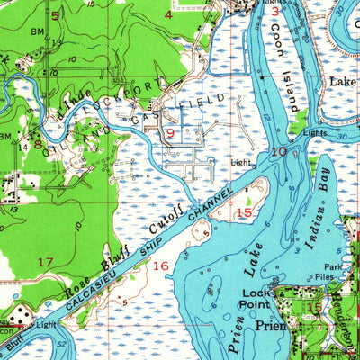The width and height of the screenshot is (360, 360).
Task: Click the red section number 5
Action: pos(55,15)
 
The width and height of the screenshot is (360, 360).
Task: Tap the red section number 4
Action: pos(169,14)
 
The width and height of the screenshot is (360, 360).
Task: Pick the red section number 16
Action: pos(161,265)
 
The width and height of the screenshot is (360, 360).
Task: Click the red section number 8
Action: pos(39,142)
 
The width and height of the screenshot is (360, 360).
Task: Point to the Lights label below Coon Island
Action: pos(315,132)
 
